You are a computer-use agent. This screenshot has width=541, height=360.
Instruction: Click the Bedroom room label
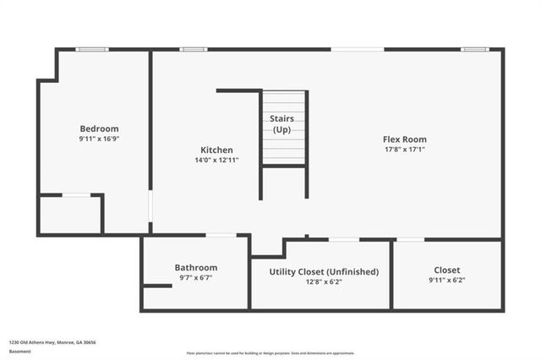[x=99, y=128]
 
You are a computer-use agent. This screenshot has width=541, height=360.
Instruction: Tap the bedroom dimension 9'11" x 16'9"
[x=99, y=139]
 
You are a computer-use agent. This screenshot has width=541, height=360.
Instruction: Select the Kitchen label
[x=217, y=150]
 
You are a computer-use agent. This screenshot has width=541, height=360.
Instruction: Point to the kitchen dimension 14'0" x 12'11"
[x=217, y=160]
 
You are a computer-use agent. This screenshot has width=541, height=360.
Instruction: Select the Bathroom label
[x=196, y=267]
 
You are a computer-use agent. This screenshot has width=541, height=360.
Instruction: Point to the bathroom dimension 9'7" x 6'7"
[x=196, y=277]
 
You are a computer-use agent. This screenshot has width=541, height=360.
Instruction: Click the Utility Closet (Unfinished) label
[x=324, y=271]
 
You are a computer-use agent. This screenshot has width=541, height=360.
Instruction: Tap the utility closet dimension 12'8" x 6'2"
[x=324, y=281]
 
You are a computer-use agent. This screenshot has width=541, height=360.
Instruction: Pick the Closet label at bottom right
[x=447, y=270]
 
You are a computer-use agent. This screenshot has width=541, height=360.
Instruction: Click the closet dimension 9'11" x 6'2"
[x=447, y=281]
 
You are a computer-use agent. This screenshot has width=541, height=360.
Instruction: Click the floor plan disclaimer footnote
[x=270, y=353]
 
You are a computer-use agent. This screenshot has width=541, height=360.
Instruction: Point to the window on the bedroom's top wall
[x=91, y=49]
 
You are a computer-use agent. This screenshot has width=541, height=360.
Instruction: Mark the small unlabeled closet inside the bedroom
[x=70, y=215]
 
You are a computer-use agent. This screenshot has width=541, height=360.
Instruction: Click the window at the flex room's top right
[x=474, y=49]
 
